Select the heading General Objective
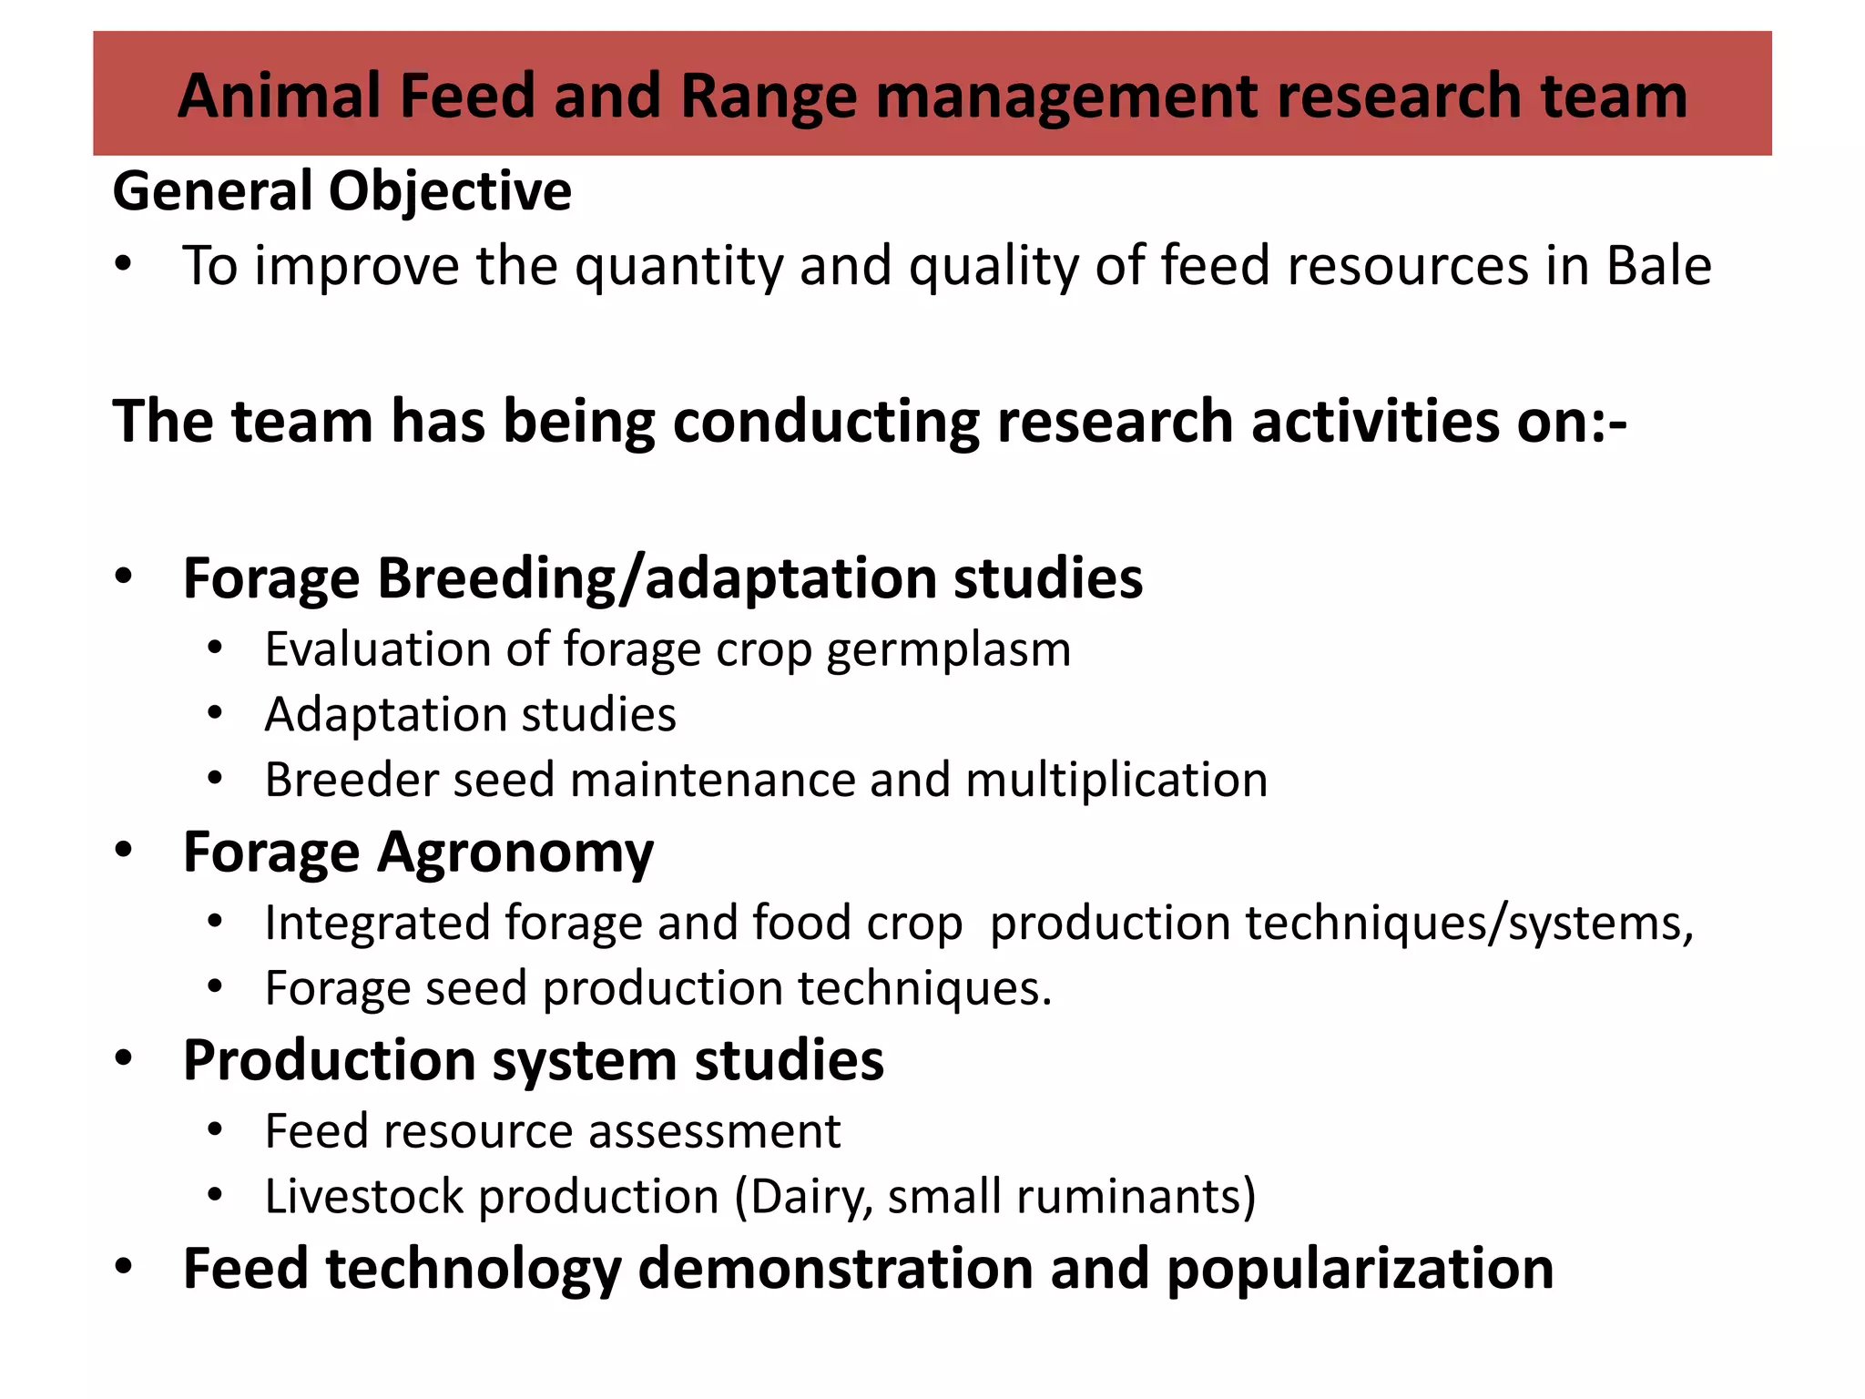[x=341, y=191]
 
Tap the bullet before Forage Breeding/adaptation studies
[x=124, y=576]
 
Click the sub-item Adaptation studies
[x=470, y=714]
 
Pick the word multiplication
[x=1116, y=780]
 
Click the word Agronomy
[x=515, y=854]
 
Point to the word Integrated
[x=377, y=924]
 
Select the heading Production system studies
[x=533, y=1060]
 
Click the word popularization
[x=1360, y=1270]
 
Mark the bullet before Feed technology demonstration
[x=124, y=1266]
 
